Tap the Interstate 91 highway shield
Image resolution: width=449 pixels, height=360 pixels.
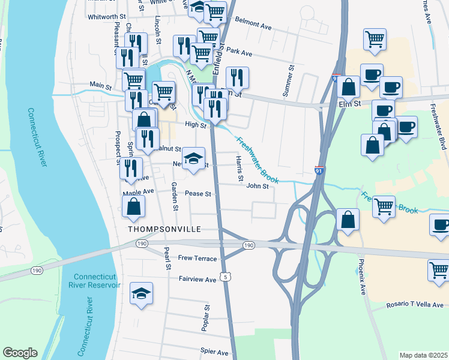click(320, 171)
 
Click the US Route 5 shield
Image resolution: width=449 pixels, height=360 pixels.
click(224, 277)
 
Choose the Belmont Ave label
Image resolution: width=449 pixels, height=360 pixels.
click(254, 24)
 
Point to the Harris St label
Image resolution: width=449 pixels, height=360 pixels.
click(239, 169)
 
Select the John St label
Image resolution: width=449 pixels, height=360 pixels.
click(257, 186)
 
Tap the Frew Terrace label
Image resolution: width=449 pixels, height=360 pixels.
click(196, 257)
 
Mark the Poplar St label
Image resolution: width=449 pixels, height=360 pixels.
click(206, 317)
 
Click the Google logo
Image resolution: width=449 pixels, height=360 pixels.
click(21, 352)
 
